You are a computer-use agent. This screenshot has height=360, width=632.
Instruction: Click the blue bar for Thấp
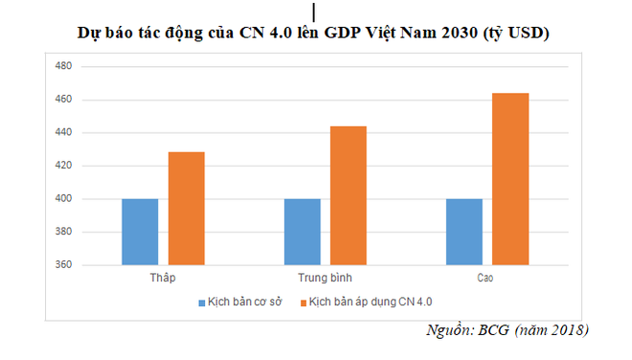pos(140,232)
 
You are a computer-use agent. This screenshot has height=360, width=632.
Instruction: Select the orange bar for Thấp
pos(187,209)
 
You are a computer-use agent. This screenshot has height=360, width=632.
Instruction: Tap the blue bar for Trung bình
pos(302,232)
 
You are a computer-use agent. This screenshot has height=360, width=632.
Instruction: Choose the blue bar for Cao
pos(463,232)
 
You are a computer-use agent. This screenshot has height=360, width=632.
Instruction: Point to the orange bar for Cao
pos(510,179)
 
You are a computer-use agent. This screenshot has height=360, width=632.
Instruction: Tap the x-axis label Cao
pos(487,277)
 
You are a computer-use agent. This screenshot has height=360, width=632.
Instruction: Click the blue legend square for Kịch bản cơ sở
pos(202,302)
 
